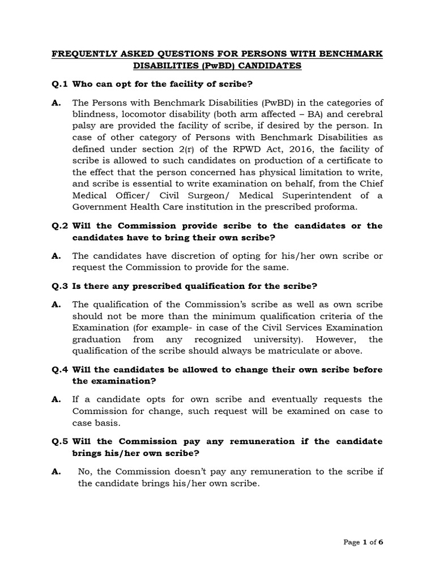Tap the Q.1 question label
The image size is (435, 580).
coord(59,84)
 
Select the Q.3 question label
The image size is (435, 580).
coord(59,285)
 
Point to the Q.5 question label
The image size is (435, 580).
coord(59,441)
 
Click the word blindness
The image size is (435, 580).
coord(94,114)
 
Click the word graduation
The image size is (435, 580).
coord(96,339)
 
